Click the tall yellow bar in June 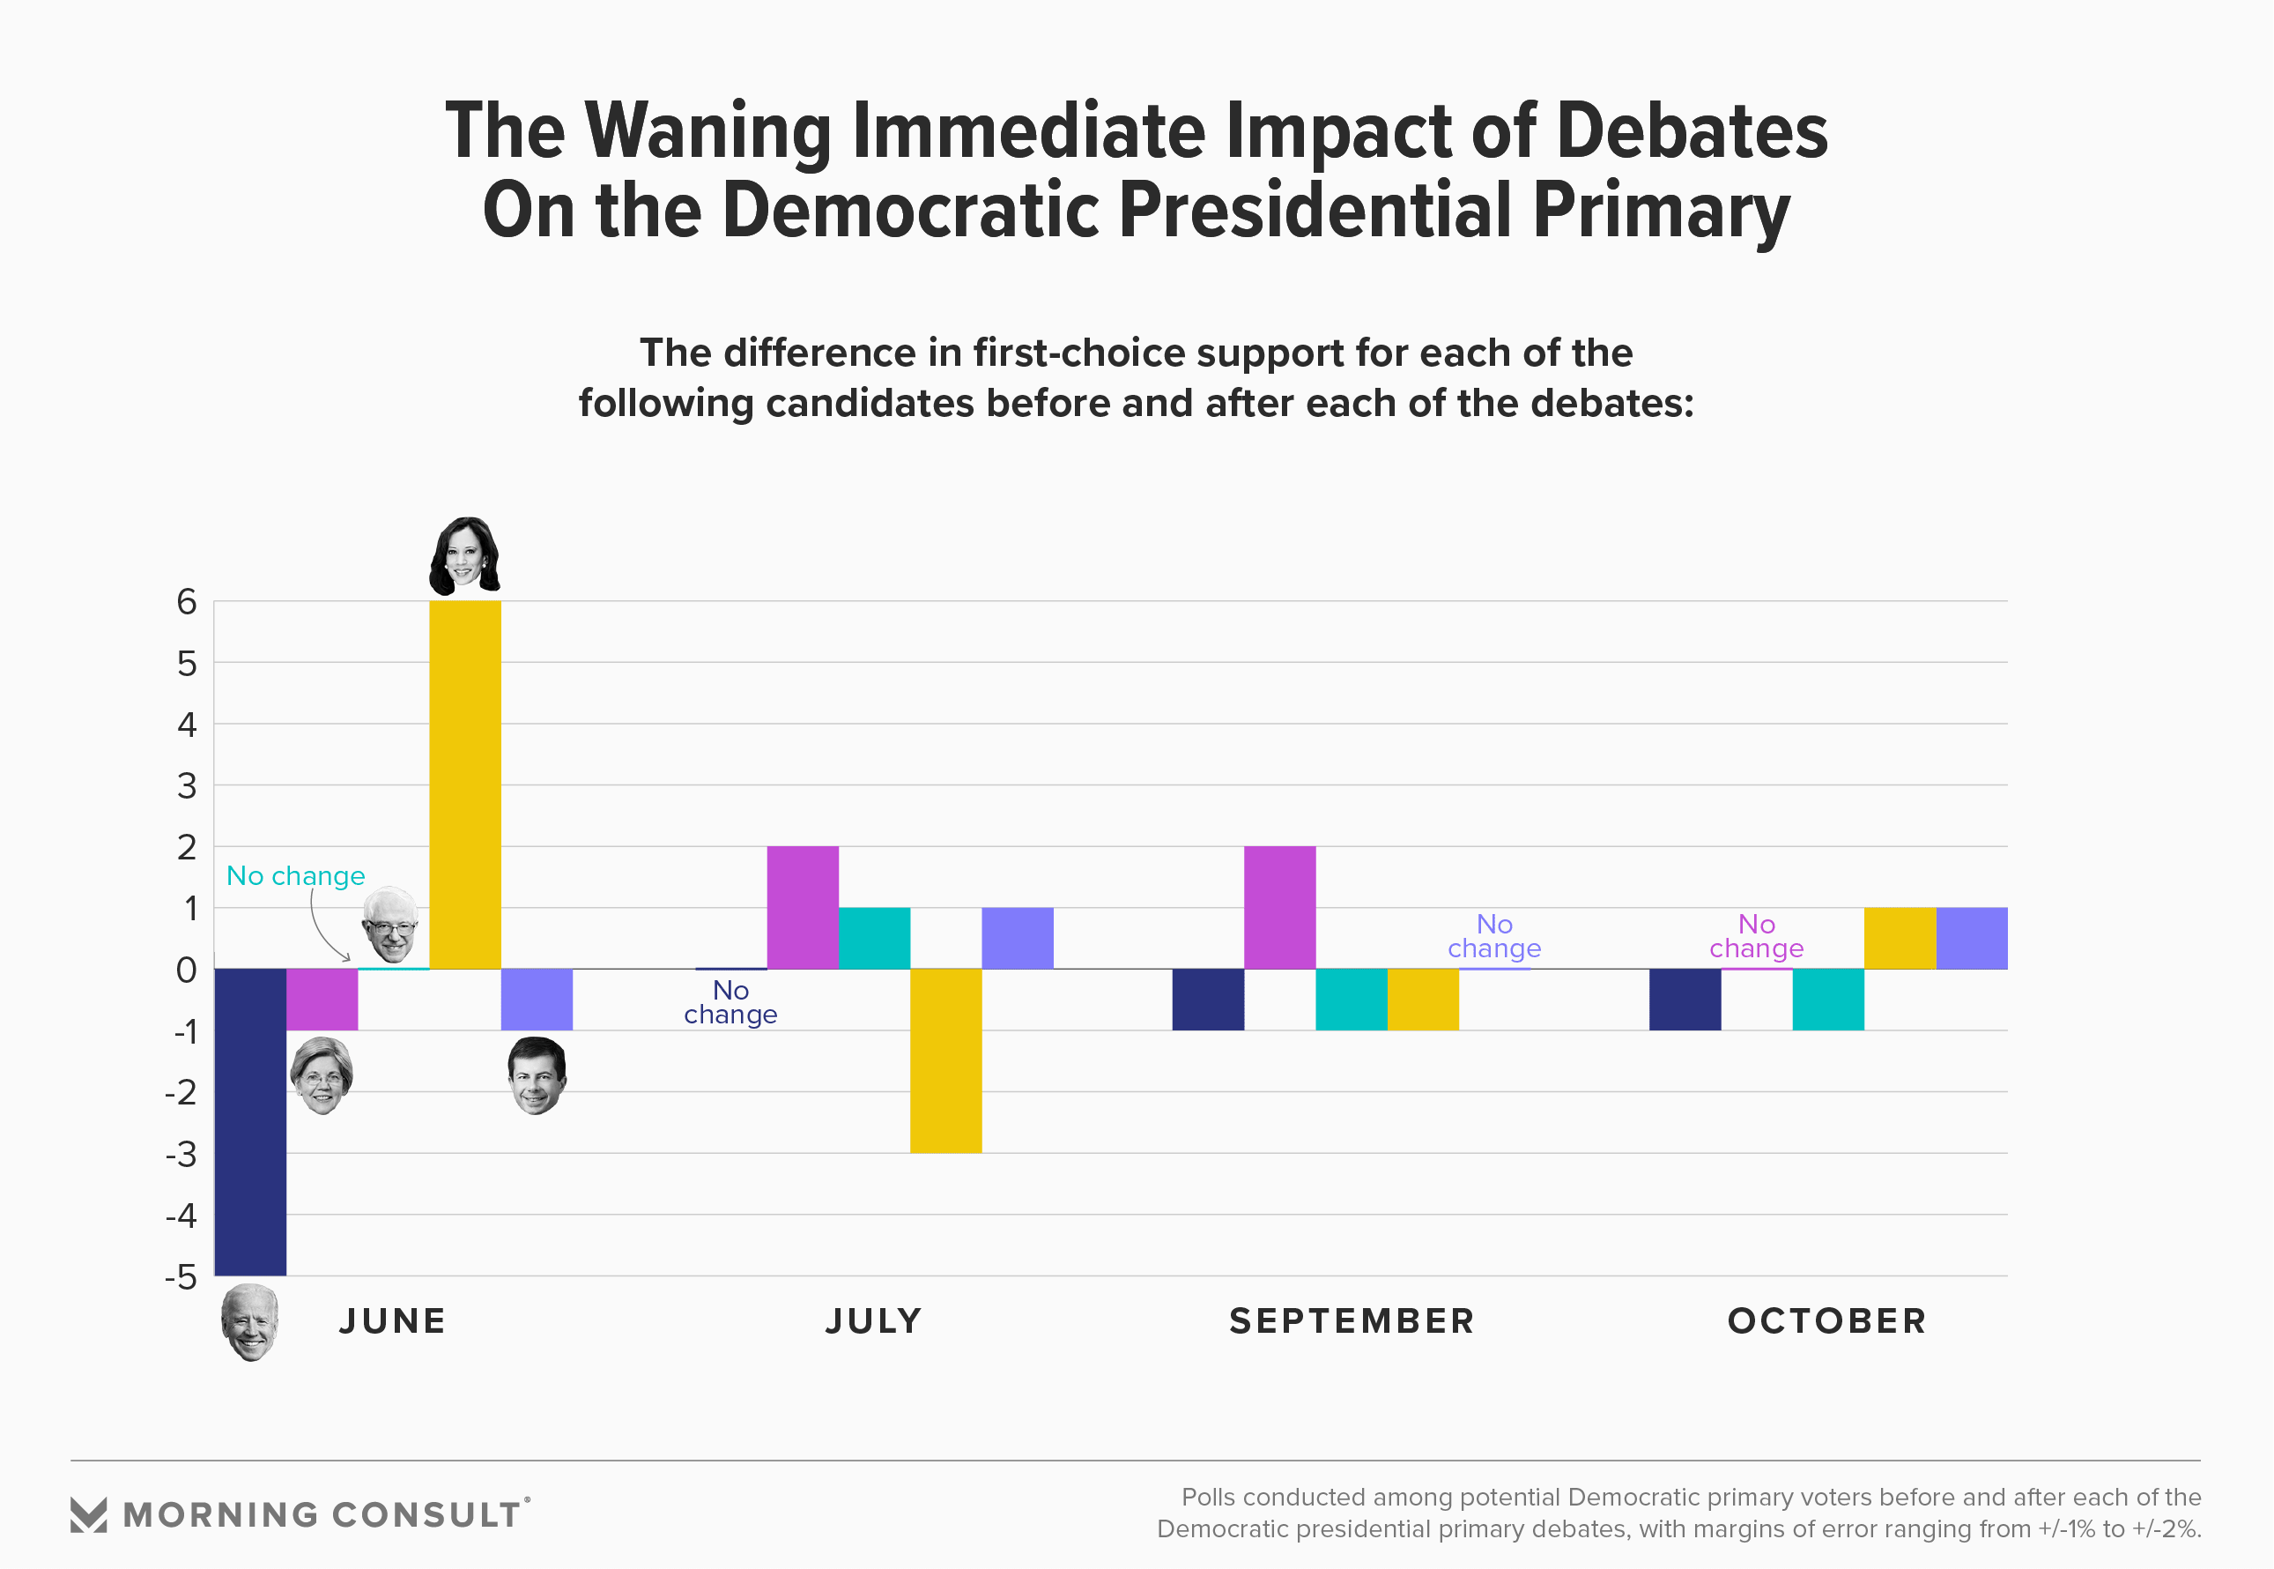tap(465, 784)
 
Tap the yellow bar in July tap(945, 1060)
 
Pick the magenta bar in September tap(1279, 907)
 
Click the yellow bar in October tap(1900, 938)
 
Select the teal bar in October tap(1828, 999)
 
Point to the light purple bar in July tap(1017, 938)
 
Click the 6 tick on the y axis tap(187, 602)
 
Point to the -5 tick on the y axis tap(181, 1277)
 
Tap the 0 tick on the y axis tap(187, 970)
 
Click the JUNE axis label tap(392, 1320)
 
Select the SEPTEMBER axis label tap(1352, 1320)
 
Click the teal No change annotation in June tap(295, 875)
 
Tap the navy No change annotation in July tap(730, 1001)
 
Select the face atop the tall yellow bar tap(463, 556)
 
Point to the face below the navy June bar tap(249, 1322)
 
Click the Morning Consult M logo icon tap(88, 1514)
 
